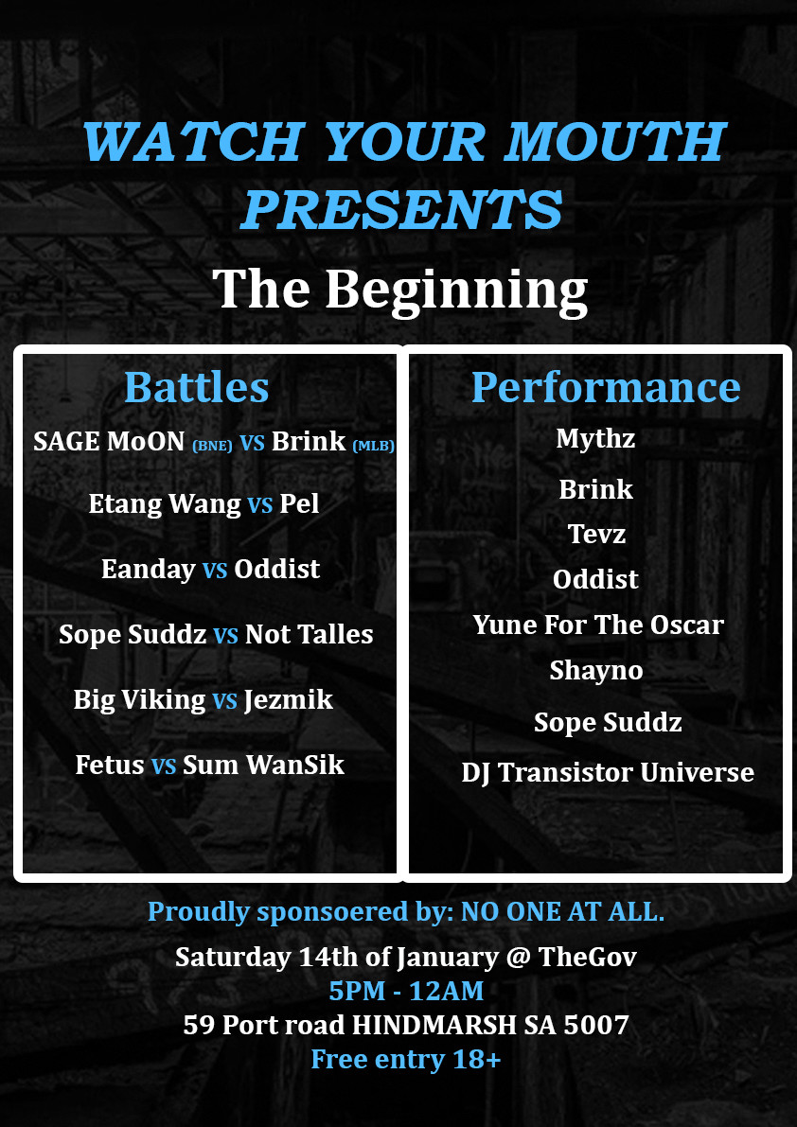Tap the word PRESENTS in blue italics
401,210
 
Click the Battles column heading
196,387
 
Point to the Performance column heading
606,387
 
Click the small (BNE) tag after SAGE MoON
212,446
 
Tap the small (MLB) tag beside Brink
374,446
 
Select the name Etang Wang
165,504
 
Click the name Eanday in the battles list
148,570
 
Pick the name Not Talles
309,635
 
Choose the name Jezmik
288,700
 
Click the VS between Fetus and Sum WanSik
164,766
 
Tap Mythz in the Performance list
595,439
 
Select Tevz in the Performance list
596,534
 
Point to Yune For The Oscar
598,625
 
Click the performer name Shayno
596,671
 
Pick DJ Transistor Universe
608,773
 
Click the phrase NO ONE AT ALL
562,912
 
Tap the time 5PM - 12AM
406,991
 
